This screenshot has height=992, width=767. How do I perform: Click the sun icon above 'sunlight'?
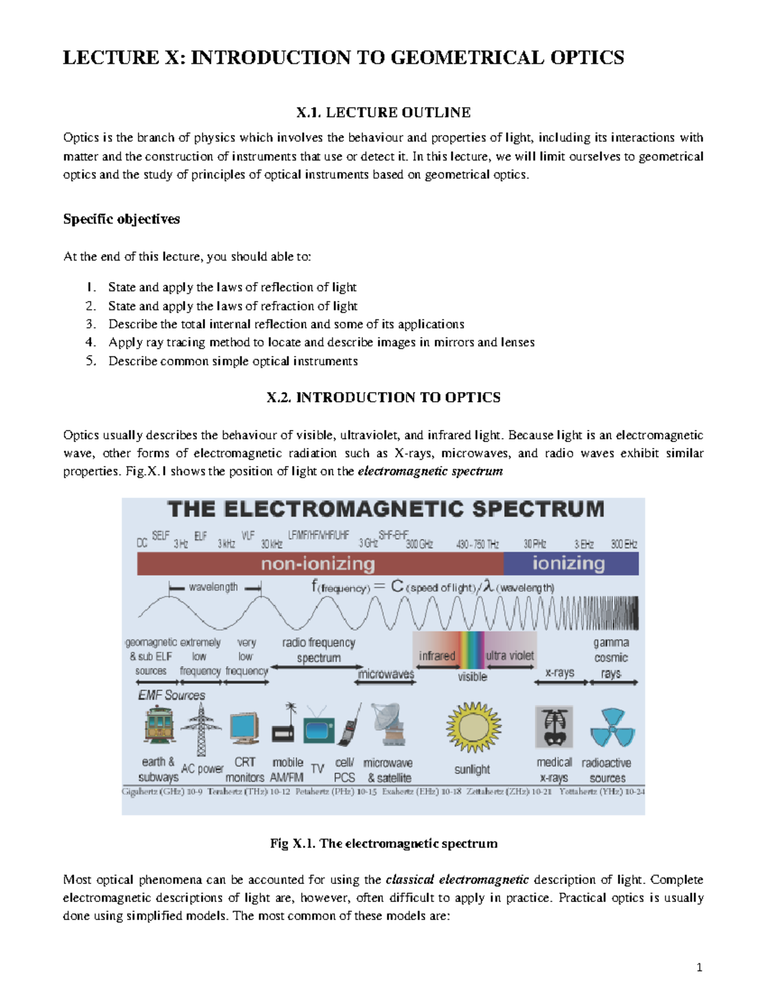473,727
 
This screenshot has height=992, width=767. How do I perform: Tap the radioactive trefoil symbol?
612,728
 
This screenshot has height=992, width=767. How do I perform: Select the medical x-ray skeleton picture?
554,727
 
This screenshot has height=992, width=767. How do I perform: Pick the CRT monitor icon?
244,728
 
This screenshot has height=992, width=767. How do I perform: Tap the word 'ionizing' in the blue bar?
568,563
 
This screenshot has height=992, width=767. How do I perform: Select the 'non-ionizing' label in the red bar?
318,564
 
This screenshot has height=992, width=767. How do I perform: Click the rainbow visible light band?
472,650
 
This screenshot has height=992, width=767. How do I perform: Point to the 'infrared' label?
437,656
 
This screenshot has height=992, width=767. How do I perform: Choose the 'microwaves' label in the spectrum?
386,674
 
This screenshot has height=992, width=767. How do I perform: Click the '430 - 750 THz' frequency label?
477,544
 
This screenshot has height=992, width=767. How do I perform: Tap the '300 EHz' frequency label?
624,544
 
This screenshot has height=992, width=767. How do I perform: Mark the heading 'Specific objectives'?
121,219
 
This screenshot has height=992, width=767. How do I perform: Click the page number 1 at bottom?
699,967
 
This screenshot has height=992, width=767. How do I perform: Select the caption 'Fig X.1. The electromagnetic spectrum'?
383,843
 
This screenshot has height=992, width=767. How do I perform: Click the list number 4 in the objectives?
91,342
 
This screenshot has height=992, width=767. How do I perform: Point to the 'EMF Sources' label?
171,695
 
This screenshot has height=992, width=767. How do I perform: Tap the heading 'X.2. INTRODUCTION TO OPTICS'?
383,397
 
